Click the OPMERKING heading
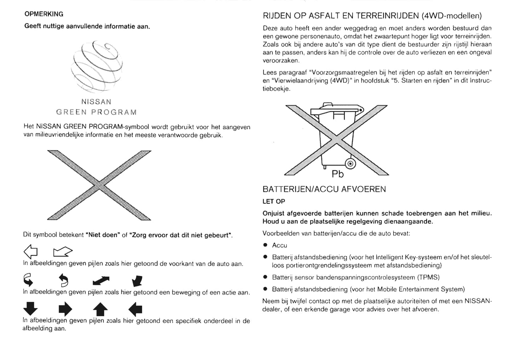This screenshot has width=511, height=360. [44, 14]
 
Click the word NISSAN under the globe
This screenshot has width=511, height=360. [96, 102]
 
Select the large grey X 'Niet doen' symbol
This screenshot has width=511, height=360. [99, 185]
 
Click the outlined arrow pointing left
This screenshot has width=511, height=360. [31, 252]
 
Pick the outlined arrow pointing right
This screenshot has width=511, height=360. [63, 252]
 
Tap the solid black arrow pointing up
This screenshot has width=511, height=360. [100, 310]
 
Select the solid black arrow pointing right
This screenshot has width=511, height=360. [65, 309]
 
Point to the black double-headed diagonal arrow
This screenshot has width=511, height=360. [101, 281]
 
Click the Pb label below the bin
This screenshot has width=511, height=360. [337, 174]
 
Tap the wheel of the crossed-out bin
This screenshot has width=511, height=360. [350, 164]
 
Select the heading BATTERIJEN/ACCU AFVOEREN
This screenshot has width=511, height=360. [324, 189]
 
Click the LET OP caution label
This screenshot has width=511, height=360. [274, 201]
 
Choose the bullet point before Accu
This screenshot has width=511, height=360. [265, 245]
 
